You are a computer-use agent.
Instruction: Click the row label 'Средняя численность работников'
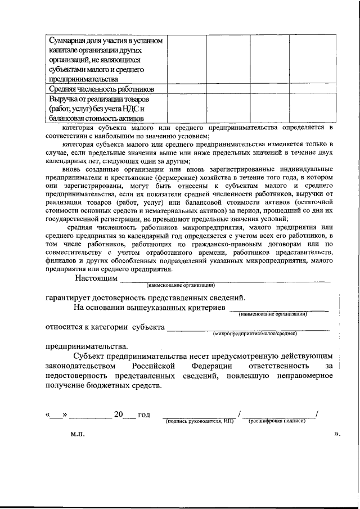tap(101, 89)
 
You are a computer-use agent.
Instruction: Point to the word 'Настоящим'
tap(96, 278)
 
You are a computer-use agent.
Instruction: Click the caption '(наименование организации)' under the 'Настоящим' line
tap(181, 286)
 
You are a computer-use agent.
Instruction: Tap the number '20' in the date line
tap(118, 415)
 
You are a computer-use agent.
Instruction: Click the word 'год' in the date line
tap(143, 415)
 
